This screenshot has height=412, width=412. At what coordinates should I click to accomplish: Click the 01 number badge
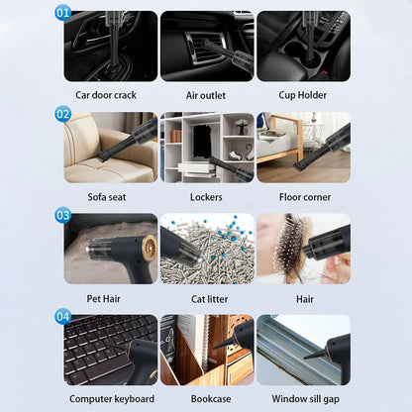click(x=63, y=14)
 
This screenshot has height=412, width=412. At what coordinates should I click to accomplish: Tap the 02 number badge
click(x=63, y=114)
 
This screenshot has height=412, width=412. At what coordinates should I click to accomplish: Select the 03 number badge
click(x=63, y=215)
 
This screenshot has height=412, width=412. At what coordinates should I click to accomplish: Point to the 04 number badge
click(x=63, y=317)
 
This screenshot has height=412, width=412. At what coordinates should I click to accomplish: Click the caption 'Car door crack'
click(x=106, y=95)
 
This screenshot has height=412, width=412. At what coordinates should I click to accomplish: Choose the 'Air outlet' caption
click(x=207, y=95)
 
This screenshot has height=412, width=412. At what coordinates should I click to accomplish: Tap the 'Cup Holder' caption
click(x=303, y=95)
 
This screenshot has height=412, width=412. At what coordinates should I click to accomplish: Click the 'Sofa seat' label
click(x=107, y=197)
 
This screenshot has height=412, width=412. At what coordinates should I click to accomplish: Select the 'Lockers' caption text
click(x=207, y=197)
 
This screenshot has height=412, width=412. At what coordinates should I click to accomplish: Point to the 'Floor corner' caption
click(x=303, y=197)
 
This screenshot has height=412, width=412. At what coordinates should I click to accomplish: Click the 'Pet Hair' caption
click(x=107, y=298)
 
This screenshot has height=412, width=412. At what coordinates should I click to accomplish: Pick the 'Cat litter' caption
click(x=207, y=298)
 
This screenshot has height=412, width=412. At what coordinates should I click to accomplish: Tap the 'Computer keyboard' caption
click(x=111, y=399)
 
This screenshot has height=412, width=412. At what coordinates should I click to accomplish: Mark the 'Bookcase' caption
click(x=207, y=399)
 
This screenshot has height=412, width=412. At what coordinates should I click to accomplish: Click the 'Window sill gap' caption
click(x=303, y=399)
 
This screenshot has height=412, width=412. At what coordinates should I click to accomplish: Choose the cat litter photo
click(x=207, y=249)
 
